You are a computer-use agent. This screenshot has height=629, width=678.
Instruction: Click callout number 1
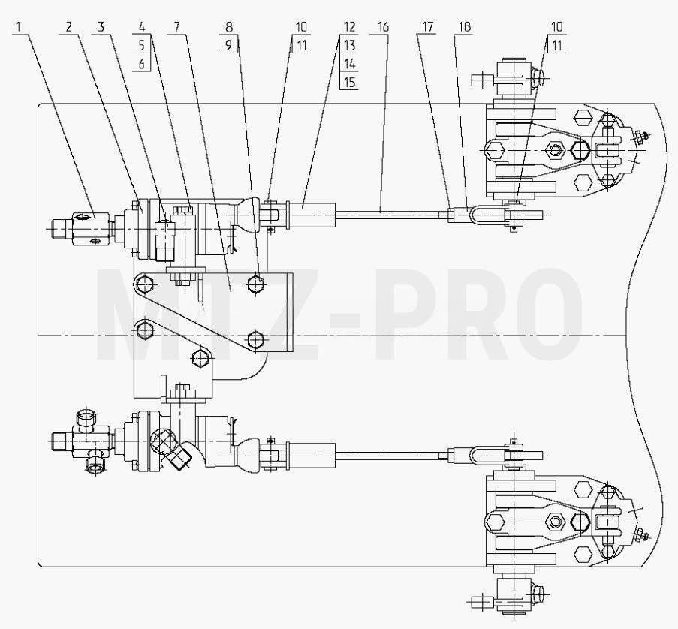18,27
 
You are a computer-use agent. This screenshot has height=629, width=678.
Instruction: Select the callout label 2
68,27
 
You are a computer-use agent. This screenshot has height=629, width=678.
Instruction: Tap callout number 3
101,27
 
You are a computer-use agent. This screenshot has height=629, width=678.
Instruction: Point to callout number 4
142,27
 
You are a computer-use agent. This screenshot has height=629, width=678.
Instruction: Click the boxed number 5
142,45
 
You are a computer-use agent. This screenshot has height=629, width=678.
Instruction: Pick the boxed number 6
142,64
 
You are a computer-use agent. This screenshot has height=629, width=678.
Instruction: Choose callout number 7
176,27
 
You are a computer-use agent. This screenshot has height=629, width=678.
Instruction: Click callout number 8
229,27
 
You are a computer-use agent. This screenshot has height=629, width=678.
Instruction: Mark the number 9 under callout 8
229,45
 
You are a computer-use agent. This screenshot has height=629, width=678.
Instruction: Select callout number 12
349,27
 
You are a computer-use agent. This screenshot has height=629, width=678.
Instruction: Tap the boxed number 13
349,45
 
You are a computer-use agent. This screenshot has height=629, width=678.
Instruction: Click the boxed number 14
349,64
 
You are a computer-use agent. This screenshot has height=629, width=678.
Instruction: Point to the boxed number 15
349,82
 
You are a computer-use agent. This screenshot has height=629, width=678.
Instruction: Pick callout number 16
383,27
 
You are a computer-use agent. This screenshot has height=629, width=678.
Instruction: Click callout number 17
427,27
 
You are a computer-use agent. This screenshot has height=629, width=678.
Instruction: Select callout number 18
464,27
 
